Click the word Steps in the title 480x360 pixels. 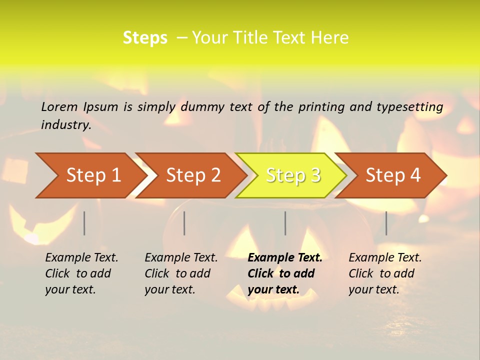click(x=145, y=38)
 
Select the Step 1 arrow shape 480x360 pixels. click(x=90, y=175)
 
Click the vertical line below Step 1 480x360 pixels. click(x=84, y=223)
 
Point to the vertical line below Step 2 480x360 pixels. click(x=184, y=223)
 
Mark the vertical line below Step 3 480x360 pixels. click(x=285, y=223)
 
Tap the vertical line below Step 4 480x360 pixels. click(x=386, y=223)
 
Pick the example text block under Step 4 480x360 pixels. click(x=385, y=273)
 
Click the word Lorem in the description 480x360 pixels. click(x=59, y=106)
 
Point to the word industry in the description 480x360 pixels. click(x=66, y=125)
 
